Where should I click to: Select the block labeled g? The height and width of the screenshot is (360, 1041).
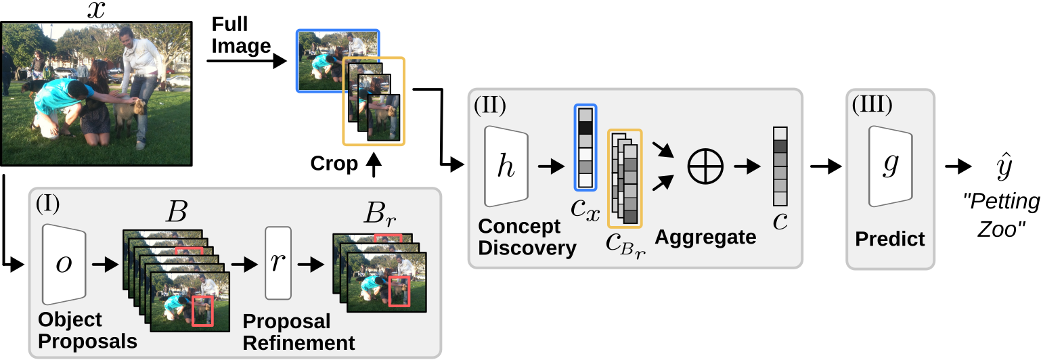(890, 166)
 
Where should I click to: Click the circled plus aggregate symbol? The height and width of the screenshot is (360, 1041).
(705, 164)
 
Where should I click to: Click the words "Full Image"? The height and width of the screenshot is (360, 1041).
(241, 35)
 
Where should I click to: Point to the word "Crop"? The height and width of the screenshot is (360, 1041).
(334, 164)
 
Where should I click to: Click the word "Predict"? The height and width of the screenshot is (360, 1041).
(889, 239)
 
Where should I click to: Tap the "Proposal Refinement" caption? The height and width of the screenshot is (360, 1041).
(298, 332)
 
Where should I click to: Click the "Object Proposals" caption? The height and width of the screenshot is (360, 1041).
(87, 330)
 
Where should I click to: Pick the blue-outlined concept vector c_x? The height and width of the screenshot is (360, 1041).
(585, 148)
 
